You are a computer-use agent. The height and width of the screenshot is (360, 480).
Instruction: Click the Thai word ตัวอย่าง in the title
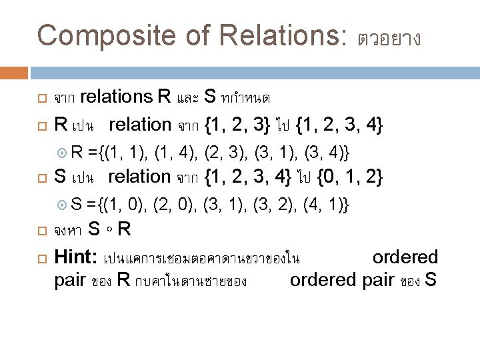(389, 38)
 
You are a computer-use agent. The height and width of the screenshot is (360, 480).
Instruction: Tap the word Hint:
(78, 257)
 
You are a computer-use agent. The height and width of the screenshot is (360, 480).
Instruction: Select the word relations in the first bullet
(116, 97)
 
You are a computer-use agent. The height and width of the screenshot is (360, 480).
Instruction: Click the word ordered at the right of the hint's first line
(405, 257)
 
